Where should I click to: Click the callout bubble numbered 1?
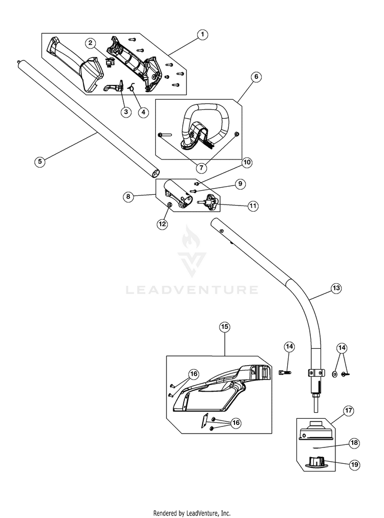[x=202, y=34]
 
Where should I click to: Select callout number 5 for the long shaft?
[x=40, y=161]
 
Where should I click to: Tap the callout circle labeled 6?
[x=256, y=77]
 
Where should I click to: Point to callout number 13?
[x=336, y=288]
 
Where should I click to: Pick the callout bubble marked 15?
[x=225, y=327]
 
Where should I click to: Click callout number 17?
[x=348, y=411]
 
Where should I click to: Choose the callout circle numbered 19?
[x=354, y=464]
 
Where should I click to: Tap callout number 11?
[x=253, y=206]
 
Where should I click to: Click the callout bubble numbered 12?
[x=162, y=224]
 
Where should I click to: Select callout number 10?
[x=247, y=162]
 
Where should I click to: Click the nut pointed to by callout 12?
[x=169, y=205]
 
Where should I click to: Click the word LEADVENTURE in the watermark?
[x=192, y=290]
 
